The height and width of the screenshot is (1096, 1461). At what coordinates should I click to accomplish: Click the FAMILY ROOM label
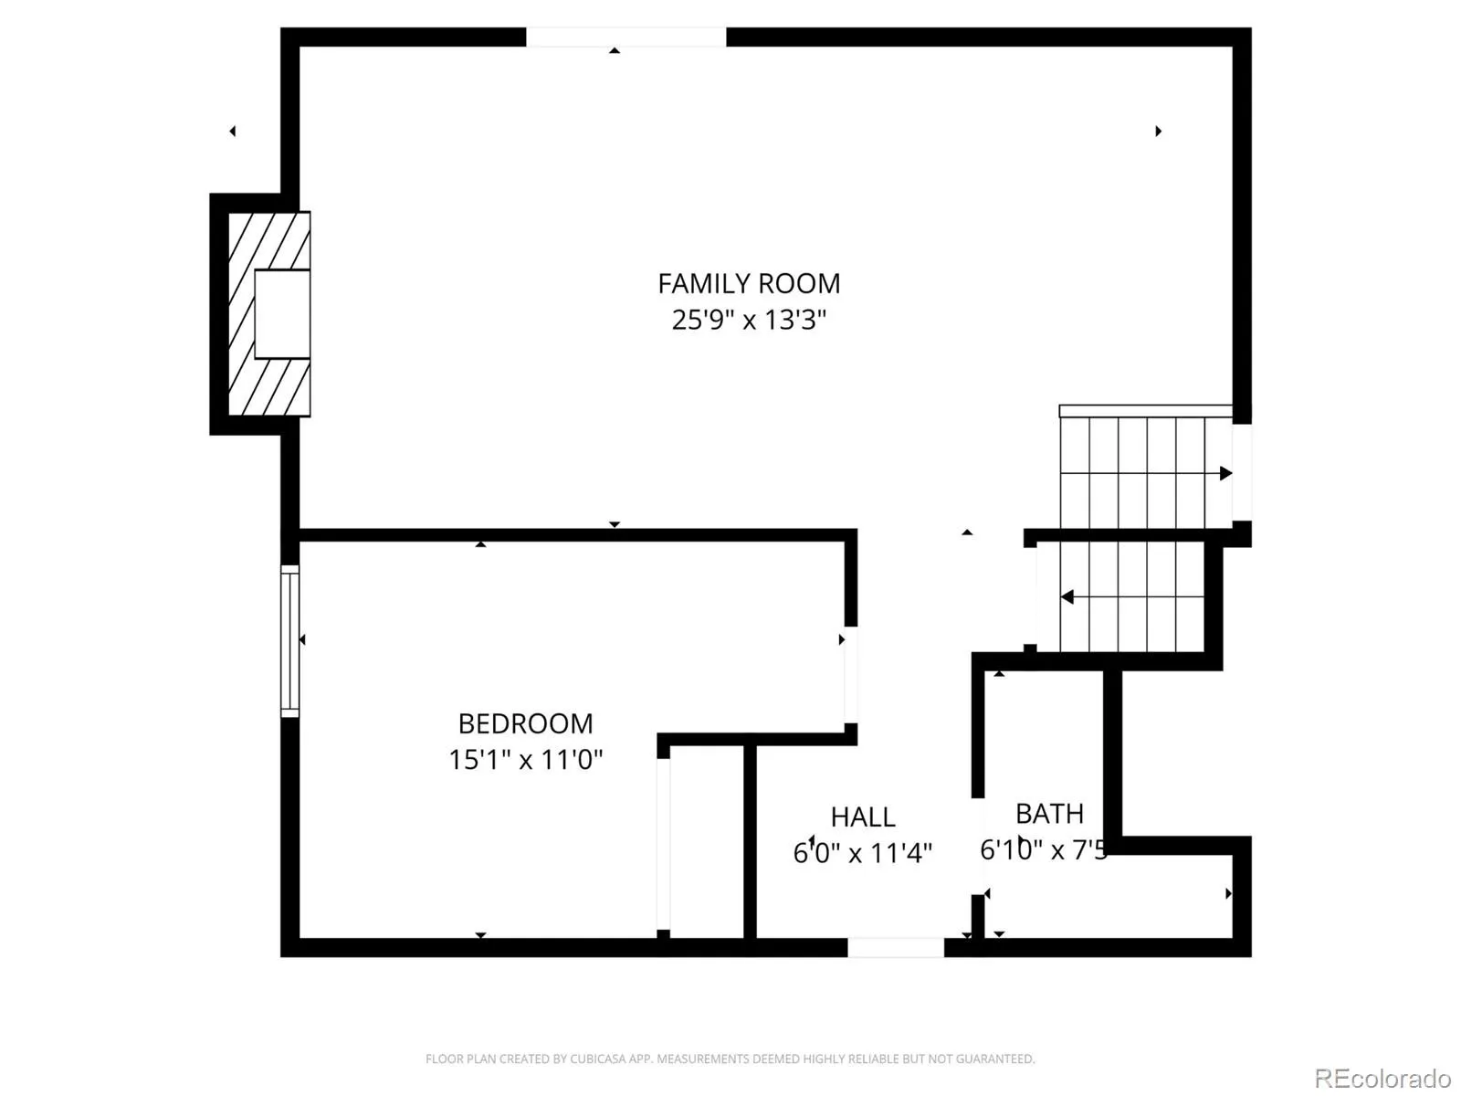(749, 283)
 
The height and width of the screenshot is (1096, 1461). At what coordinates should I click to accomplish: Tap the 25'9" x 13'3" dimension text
(749, 320)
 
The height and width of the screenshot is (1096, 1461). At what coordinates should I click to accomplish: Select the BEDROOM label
(525, 723)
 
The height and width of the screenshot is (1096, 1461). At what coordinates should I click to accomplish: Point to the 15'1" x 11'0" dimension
(525, 759)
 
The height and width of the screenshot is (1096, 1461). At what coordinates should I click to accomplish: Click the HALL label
(863, 817)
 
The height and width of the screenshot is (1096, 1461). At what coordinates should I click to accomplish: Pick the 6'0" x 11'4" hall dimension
(863, 852)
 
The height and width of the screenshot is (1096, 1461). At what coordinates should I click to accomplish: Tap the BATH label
(1050, 813)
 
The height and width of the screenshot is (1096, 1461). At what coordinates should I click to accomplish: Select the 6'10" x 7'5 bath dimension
(1043, 849)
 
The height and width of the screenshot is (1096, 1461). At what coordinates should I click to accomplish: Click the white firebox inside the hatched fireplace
(282, 314)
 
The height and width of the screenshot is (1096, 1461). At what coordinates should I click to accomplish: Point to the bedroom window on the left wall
(289, 641)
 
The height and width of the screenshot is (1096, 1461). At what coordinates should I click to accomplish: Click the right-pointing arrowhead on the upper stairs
(1225, 473)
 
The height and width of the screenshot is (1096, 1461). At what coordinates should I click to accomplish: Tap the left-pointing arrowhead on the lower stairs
(1067, 597)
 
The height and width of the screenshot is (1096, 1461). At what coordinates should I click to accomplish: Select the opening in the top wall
(625, 37)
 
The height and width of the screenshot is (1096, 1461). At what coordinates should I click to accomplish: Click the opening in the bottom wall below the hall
(896, 947)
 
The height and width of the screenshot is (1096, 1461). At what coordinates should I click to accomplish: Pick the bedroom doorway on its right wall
(851, 674)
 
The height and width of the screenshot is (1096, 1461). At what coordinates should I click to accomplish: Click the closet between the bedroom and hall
(707, 842)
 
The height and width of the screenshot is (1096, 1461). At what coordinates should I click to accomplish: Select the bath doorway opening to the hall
(978, 846)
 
